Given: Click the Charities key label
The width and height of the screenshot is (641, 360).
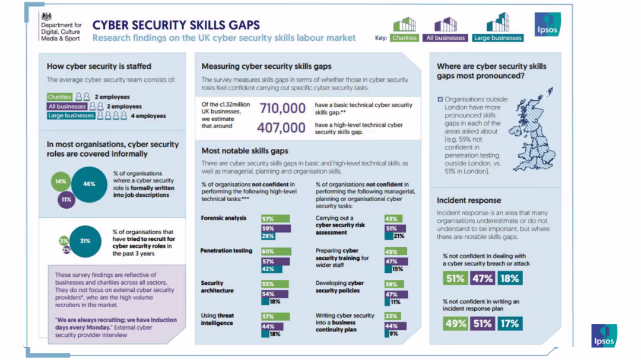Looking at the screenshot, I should coord(404,38).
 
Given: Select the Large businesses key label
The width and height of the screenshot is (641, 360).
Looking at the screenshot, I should coord(497,38).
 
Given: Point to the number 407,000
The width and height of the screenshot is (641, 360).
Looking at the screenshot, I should coord(281,127).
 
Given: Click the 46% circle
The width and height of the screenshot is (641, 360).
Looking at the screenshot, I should coord(88,184).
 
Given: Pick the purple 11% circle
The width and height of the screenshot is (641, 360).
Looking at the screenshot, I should coord(66,199).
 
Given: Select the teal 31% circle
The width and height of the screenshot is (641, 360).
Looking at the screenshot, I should coord(85,241).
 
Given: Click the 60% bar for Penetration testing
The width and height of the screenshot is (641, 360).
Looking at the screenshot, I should coord(276,251).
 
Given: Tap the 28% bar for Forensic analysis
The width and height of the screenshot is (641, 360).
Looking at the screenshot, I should coord(268,237).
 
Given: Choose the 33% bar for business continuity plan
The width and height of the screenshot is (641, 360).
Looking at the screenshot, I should coord(392,316).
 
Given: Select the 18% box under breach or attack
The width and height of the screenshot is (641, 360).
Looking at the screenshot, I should coord(509,278).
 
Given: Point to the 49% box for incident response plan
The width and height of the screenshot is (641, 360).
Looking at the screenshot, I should coord(455,323).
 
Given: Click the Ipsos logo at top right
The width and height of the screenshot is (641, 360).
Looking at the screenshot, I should coord(547,25).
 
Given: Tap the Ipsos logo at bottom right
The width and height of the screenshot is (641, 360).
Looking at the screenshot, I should coord(604,335).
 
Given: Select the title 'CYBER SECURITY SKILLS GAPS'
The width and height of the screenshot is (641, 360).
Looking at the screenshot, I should coord(176,25).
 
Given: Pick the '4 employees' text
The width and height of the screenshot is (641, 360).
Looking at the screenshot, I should coord(148,116).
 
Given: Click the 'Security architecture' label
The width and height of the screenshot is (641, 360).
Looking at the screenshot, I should coord(217,287).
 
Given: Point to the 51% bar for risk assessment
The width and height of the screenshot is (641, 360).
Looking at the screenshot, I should coord(398,228).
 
